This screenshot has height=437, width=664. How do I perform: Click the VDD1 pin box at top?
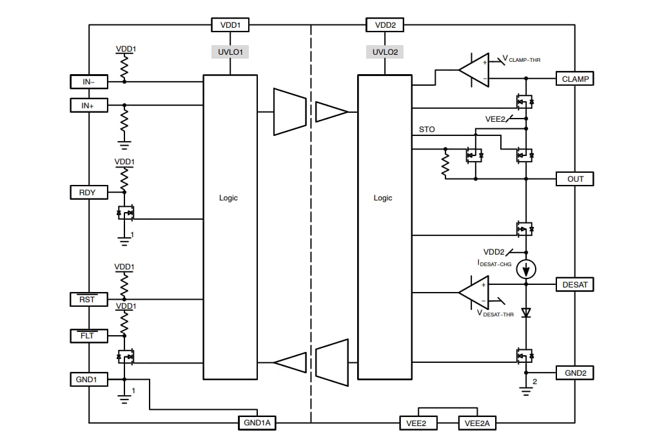tap(230, 25)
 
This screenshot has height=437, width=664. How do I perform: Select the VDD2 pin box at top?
tap(385, 25)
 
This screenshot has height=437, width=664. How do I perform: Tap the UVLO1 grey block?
tap(230, 52)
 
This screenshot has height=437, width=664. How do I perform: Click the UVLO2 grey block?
tap(385, 52)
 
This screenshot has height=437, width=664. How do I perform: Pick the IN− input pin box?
tap(89, 81)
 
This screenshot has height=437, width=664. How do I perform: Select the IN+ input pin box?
tap(89, 105)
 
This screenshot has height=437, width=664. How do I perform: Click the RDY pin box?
tap(89, 192)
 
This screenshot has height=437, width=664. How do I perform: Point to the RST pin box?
tap(89, 299)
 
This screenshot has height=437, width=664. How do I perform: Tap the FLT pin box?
tap(89, 336)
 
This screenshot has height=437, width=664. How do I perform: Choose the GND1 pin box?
tap(89, 380)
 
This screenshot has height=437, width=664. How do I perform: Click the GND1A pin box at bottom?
tap(257, 423)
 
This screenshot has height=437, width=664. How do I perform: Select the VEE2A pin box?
tap(477, 423)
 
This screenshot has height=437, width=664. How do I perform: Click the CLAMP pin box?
tap(574, 79)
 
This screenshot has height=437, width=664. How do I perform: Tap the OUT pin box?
tap(574, 179)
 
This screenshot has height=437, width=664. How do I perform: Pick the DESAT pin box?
tap(574, 284)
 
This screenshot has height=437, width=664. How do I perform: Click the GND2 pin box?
tap(574, 373)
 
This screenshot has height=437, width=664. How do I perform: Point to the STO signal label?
tap(427, 130)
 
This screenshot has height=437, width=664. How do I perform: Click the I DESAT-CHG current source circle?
tap(526, 268)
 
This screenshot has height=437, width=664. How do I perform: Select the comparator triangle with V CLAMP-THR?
tap(474, 70)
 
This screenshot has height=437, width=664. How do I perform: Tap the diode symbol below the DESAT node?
tap(526, 313)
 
